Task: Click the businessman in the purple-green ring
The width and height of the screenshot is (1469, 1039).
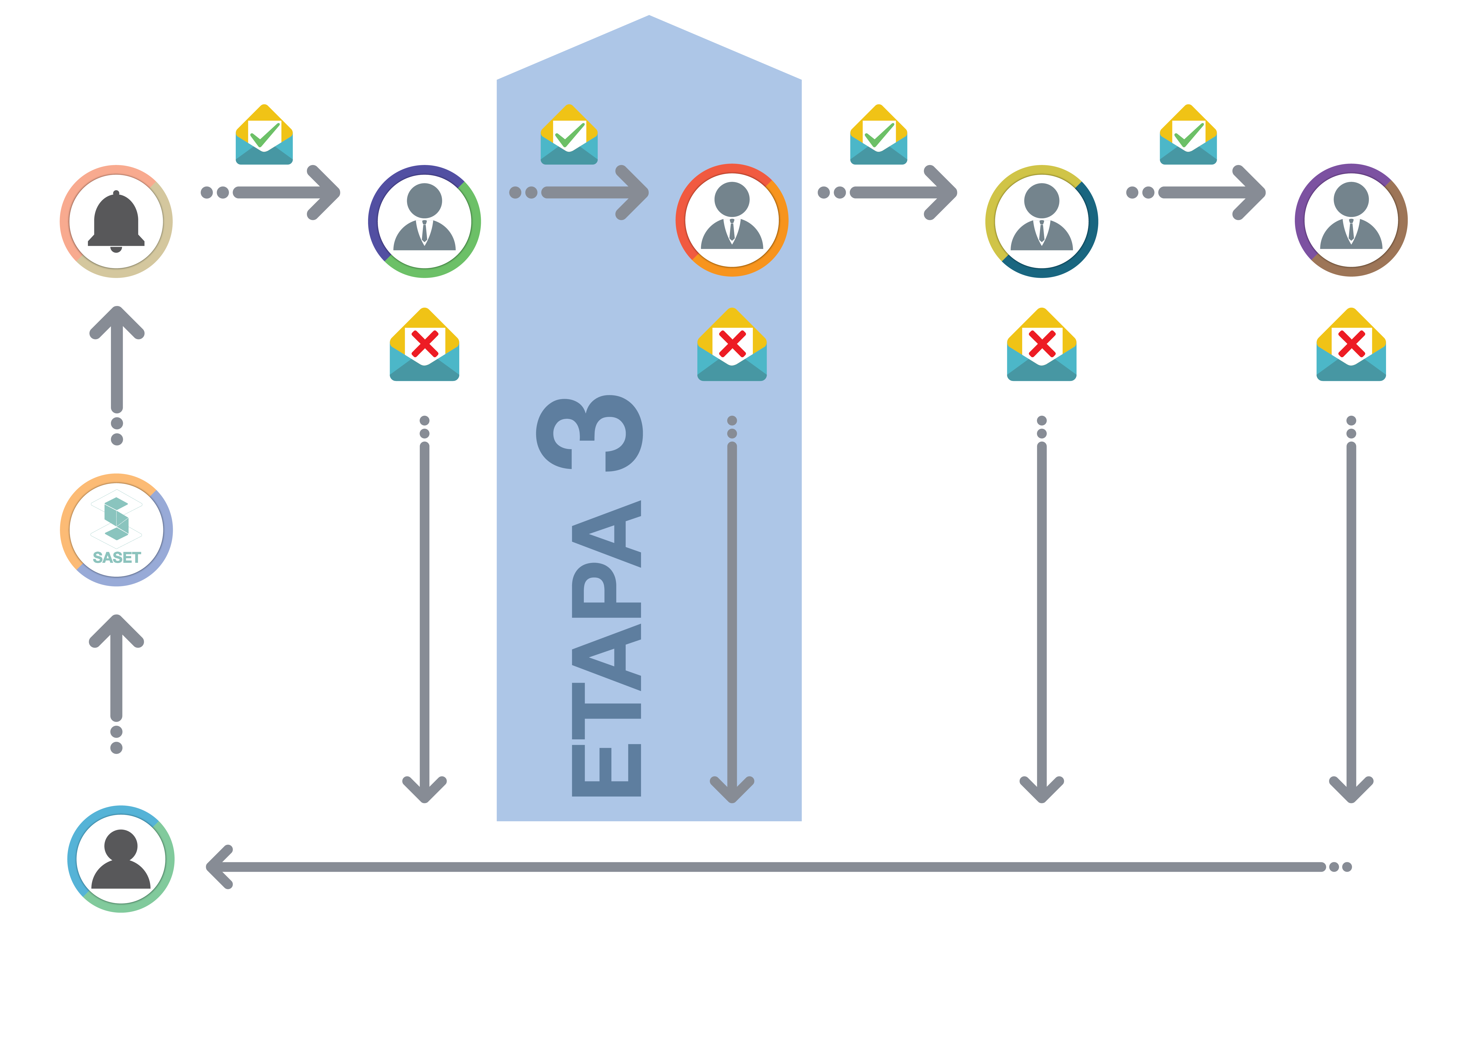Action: [424, 221]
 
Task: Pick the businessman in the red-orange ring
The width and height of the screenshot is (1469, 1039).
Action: [732, 220]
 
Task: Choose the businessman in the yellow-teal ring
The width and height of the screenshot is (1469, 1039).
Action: [1042, 221]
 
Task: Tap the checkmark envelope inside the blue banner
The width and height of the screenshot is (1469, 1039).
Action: [569, 135]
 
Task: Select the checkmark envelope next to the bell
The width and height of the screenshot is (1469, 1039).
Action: [264, 135]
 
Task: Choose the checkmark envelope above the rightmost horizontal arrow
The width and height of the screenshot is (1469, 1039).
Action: [1188, 135]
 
